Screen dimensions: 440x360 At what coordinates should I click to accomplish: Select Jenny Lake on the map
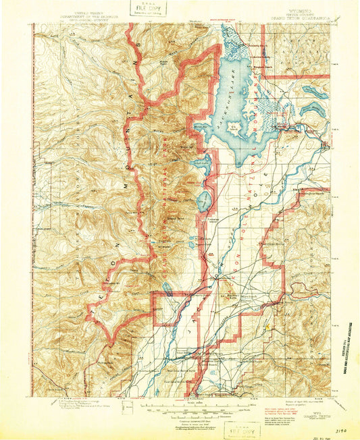(203, 200)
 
